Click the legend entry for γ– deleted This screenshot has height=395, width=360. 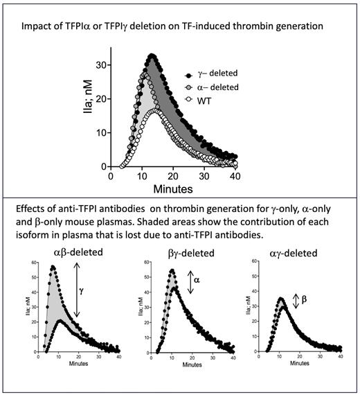(x=220, y=73)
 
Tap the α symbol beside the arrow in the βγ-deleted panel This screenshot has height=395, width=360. (x=196, y=280)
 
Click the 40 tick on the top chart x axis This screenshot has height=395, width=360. (x=235, y=176)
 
